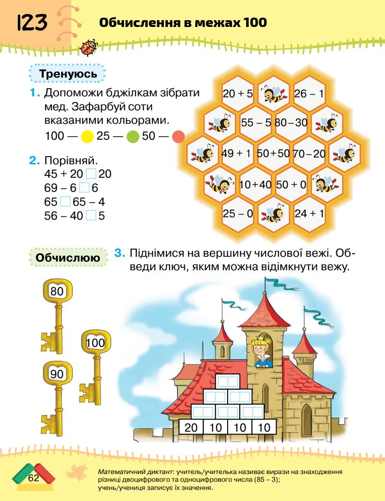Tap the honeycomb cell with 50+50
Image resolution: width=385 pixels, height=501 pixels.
[273, 154]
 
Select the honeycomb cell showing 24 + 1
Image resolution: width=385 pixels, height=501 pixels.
[309, 212]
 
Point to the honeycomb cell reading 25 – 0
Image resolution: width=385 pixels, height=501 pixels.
[238, 212]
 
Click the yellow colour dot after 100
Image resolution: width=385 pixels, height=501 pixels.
[87, 136]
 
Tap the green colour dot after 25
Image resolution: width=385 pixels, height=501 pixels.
[133, 136]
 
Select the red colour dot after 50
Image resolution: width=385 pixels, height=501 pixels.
[179, 136]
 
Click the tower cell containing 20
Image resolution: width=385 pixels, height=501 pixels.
[191, 427]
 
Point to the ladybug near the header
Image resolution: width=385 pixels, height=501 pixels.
[90, 47]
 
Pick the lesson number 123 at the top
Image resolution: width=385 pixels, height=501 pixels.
[33, 23]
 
